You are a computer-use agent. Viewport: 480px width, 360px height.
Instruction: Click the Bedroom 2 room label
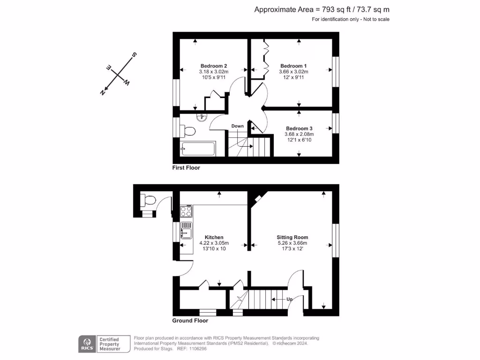coord(214,66)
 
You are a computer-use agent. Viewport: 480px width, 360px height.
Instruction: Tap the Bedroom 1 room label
coord(293,66)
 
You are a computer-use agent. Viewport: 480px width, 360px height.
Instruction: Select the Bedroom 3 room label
coord(299,128)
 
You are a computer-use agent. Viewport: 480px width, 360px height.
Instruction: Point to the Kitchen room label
coord(214,237)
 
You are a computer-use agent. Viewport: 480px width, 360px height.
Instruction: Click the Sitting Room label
coord(292,237)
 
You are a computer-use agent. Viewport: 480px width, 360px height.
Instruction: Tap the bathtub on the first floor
coord(198,149)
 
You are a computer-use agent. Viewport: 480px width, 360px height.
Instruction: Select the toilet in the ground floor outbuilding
coord(149,201)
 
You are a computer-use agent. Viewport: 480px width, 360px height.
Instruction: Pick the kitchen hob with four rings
coord(186,211)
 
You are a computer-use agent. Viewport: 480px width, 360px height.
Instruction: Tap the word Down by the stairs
coord(237,126)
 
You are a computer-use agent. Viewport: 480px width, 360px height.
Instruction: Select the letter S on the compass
coord(134,55)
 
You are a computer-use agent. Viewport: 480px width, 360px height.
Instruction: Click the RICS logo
coord(86,344)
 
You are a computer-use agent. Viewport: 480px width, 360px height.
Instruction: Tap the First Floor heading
coord(186,167)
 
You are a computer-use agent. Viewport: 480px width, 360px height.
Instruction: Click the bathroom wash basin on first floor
coord(202,117)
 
